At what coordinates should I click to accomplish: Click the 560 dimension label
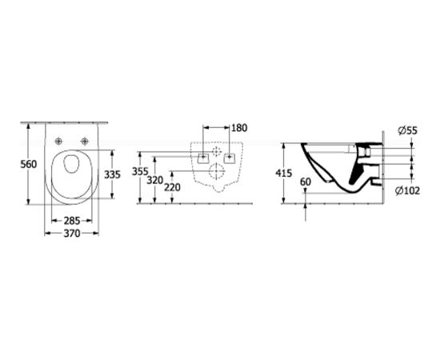pos(28,164)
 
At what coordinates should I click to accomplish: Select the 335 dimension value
pos(112,174)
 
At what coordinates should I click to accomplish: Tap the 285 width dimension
pos(72,221)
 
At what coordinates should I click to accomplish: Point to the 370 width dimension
pos(72,233)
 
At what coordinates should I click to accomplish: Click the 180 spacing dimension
pos(239,128)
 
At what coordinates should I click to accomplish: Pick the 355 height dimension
pos(140,171)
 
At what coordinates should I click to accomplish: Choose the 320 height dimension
pos(155,180)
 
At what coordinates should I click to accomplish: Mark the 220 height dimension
pos(172,187)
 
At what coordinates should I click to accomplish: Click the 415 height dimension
pos(284,174)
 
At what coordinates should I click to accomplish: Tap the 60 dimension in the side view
pos(306,182)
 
